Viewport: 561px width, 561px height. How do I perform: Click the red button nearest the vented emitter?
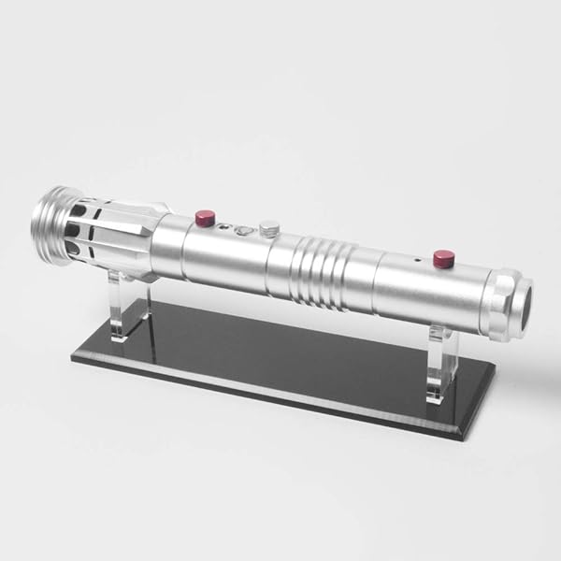click(x=204, y=219)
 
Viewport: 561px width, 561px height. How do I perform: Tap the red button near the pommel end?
click(x=442, y=257)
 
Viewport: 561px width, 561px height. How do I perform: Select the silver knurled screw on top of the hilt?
click(x=269, y=227)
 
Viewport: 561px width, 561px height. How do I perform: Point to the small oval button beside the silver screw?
click(x=243, y=230)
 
